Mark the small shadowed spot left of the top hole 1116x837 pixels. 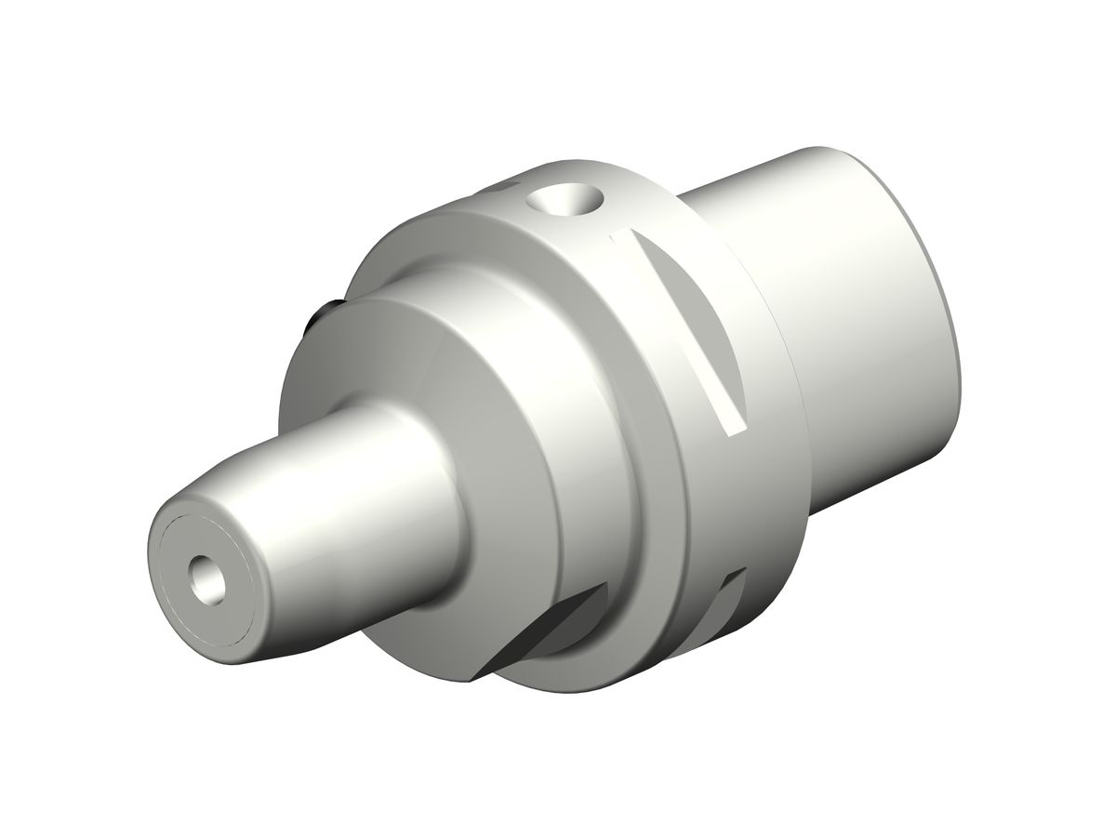tap(511, 192)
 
